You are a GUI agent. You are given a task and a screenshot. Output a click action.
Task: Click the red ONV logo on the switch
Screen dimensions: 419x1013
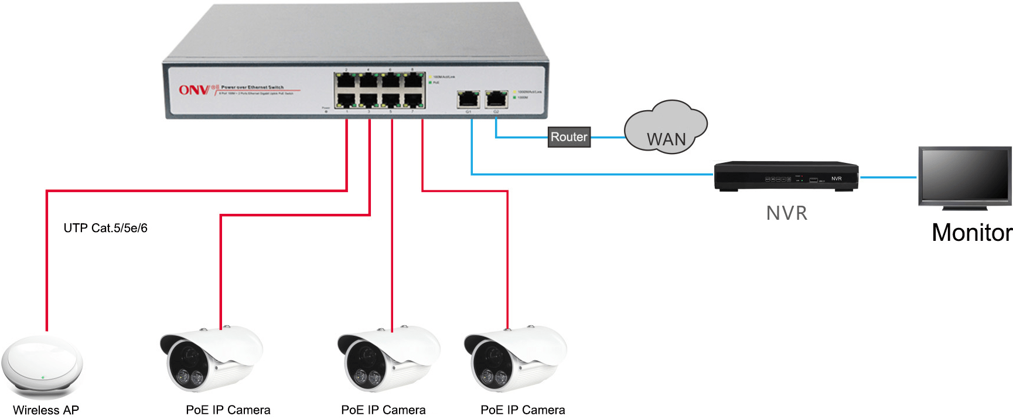click(x=194, y=90)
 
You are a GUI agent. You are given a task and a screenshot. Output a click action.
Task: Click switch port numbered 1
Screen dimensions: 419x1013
click(x=346, y=100)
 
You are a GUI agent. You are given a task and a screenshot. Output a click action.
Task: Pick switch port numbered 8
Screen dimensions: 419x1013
click(x=414, y=80)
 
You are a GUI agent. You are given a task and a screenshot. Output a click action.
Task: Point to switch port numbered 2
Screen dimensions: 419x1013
click(x=346, y=80)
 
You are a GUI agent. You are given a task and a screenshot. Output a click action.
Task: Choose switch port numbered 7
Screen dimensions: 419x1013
click(x=414, y=100)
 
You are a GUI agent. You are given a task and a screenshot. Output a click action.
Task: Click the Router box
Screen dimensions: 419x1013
click(x=569, y=137)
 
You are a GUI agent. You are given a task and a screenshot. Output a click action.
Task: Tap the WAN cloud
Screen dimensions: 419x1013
click(x=666, y=129)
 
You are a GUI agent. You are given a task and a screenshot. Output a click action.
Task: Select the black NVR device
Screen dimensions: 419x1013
click(x=786, y=175)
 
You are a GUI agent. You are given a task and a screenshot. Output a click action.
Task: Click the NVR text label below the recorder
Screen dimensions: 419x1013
click(x=787, y=213)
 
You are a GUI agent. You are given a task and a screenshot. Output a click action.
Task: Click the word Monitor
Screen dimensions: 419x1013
click(x=971, y=233)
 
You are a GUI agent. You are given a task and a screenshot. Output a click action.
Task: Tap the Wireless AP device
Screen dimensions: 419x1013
click(x=42, y=366)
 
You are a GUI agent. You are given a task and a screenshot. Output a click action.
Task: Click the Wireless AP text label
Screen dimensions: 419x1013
click(x=46, y=410)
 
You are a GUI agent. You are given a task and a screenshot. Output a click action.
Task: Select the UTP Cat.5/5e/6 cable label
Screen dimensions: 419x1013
click(x=105, y=228)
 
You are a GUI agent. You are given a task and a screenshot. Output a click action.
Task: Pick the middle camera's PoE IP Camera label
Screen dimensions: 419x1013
click(x=383, y=410)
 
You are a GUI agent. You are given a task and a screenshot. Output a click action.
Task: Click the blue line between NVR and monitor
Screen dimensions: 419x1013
click(x=888, y=177)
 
